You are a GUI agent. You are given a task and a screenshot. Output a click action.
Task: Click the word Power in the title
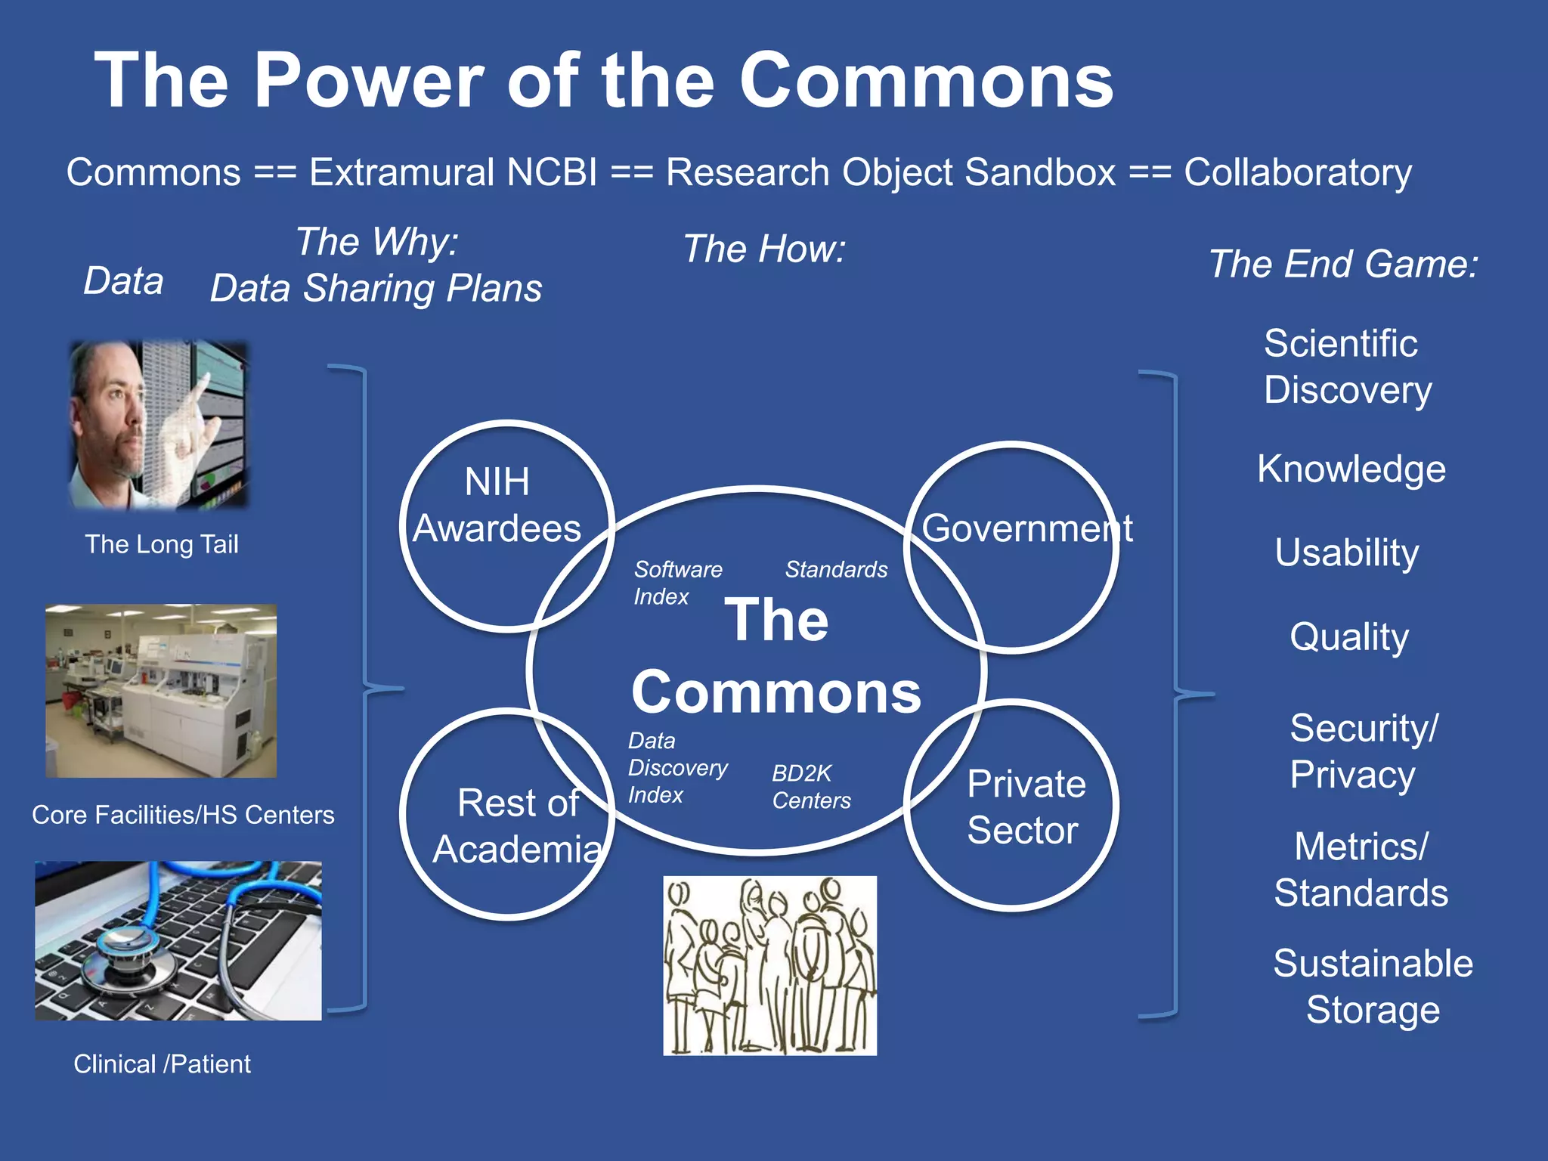pos(368,81)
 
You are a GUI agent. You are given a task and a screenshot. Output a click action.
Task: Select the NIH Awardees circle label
pos(497,505)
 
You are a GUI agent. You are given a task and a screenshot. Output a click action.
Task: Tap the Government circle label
pos(1026,528)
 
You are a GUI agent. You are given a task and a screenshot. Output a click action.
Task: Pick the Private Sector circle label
pos(1025,807)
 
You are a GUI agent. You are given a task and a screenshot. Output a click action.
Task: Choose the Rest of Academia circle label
pos(518,826)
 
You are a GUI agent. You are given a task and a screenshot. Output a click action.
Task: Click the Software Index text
pos(676,583)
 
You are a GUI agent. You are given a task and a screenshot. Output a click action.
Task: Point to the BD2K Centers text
pos(810,787)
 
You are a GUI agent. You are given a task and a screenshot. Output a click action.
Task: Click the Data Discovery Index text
pos(676,768)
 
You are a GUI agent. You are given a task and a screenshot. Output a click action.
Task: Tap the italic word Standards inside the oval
pos(836,569)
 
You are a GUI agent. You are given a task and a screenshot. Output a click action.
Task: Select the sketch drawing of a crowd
pos(769,965)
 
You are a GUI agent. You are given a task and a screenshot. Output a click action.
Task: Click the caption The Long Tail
pos(161,544)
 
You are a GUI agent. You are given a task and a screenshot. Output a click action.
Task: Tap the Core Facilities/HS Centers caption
pos(183,815)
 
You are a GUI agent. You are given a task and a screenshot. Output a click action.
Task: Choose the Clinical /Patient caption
pos(162,1064)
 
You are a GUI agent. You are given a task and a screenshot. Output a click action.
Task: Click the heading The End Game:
pos(1343,265)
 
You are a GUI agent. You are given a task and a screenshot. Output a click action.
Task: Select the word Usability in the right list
pos(1346,553)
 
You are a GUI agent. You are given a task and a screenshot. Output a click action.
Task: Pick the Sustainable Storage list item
pos(1373,986)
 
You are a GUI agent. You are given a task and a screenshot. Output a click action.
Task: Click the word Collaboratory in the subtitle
pos(1297,172)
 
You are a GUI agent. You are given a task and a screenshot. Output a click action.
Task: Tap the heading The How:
pos(764,249)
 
